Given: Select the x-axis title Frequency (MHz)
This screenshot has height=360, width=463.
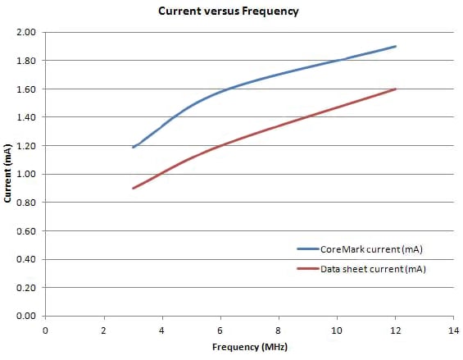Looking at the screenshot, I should point(250,347).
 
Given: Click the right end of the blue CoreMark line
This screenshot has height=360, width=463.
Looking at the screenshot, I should point(396,46).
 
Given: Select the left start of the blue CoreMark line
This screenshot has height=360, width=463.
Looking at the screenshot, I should point(133,148).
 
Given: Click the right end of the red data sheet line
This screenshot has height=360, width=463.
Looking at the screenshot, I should point(396,89).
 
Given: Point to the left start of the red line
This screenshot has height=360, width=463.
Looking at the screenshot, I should point(133,189).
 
